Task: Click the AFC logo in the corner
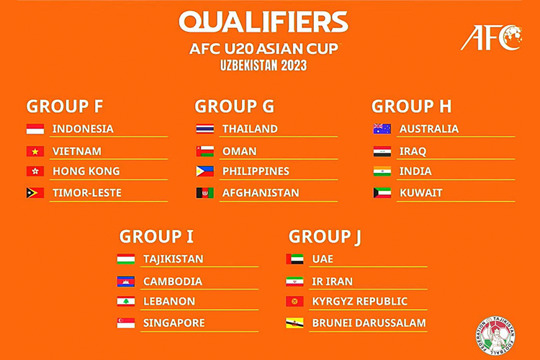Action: click(x=492, y=37)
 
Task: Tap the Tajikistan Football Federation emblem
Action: click(x=495, y=336)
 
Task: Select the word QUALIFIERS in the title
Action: click(x=264, y=22)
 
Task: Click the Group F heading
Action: click(x=65, y=106)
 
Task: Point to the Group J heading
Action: click(x=325, y=237)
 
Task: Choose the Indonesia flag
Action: click(x=35, y=129)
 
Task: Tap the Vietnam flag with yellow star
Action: click(x=35, y=151)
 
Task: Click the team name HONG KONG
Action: click(x=86, y=171)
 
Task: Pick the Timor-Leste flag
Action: click(x=35, y=193)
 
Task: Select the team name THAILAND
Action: click(x=250, y=129)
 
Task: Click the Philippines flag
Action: click(x=205, y=171)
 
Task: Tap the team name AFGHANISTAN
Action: click(x=261, y=193)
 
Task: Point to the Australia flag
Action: click(x=382, y=129)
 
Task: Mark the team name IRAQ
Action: click(x=413, y=151)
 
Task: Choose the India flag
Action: click(x=382, y=171)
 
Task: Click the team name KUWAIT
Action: click(x=421, y=193)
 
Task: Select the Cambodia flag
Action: click(x=126, y=282)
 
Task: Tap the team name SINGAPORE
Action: click(x=174, y=323)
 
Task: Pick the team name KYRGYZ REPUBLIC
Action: click(x=359, y=302)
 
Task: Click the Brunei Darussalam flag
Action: click(x=294, y=323)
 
